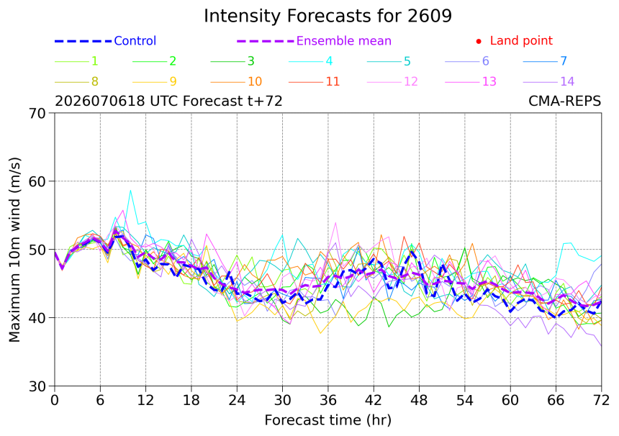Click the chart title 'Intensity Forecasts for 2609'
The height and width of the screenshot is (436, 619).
[x=327, y=16]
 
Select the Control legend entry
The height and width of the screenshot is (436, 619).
[x=105, y=40]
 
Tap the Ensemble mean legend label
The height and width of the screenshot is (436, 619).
[x=344, y=40]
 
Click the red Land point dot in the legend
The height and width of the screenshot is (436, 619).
[x=479, y=41]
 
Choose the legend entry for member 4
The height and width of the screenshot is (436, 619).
[x=311, y=61]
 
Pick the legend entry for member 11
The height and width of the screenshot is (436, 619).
[x=315, y=82]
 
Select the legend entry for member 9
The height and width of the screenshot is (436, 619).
[x=154, y=82]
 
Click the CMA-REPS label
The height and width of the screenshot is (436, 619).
[x=564, y=101]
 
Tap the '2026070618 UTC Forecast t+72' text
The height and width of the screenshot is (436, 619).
[x=168, y=101]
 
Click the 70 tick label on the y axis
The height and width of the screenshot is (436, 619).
[x=37, y=113]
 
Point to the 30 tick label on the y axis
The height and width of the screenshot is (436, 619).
[x=37, y=386]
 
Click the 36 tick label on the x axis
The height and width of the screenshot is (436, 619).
[x=328, y=401]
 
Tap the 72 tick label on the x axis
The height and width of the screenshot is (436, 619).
[x=601, y=401]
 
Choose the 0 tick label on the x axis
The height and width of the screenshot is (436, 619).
[x=55, y=401]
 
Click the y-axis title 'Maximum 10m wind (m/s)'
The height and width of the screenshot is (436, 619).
[x=14, y=250]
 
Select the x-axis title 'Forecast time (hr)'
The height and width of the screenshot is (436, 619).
[x=327, y=421]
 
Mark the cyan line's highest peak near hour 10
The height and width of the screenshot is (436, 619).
[x=130, y=190]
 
